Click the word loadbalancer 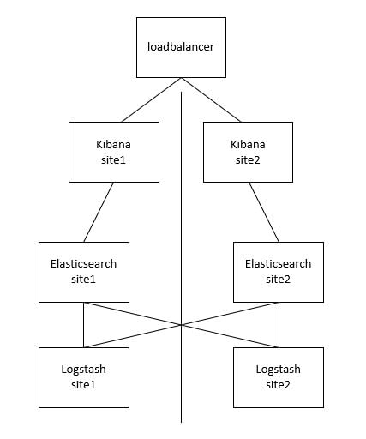point(181,47)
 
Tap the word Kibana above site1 point(113,144)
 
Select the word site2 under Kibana point(248,160)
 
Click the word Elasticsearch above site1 point(83,264)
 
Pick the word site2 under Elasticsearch point(278,280)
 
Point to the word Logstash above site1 point(83,370)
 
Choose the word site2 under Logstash point(278,385)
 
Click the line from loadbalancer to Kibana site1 point(152,99)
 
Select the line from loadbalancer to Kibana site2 point(211,99)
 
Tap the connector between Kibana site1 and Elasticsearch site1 point(99,212)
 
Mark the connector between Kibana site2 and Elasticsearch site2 point(264,212)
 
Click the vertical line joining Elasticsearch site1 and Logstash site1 point(83,325)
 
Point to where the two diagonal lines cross point(181,325)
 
